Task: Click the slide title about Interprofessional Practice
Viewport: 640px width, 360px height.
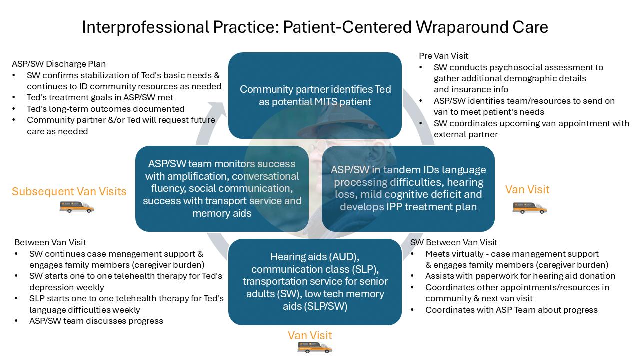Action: tap(315, 27)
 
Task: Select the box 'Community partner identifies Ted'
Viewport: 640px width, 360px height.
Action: tap(315, 95)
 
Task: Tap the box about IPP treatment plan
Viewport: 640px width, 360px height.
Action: tap(408, 188)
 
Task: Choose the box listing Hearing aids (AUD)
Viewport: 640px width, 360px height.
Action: tap(315, 281)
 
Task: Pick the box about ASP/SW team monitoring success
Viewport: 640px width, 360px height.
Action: tap(222, 188)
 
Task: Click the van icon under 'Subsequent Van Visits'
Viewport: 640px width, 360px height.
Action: tap(77, 207)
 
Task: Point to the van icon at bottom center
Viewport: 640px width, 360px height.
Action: tap(314, 347)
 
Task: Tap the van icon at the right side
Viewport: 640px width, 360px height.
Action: tap(530, 207)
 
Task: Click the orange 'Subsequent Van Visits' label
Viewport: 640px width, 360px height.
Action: tap(69, 191)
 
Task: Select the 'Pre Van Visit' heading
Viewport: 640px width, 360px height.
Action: tap(443, 56)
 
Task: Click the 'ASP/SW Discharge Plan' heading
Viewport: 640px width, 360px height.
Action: tap(59, 64)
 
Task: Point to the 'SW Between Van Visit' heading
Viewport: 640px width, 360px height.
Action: tap(453, 242)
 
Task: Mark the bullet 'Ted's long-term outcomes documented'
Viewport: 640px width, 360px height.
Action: tap(106, 109)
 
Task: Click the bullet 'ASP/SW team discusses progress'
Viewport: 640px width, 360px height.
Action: tap(96, 321)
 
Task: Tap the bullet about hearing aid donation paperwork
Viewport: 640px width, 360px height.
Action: tap(520, 276)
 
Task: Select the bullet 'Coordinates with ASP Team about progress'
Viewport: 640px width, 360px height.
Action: tap(511, 310)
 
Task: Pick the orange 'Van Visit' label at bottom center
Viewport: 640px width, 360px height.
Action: tap(310, 335)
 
